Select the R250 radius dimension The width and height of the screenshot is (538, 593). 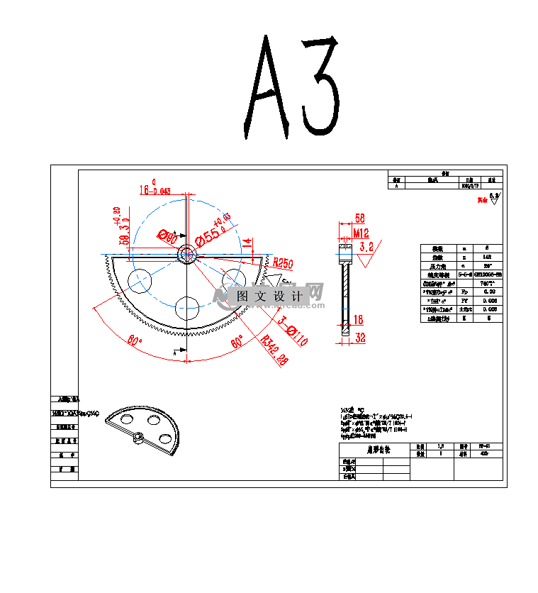(283, 262)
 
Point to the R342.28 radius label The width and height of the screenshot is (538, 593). (275, 350)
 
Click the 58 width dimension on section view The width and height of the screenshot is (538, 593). (359, 218)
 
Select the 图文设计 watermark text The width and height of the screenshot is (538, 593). (269, 296)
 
